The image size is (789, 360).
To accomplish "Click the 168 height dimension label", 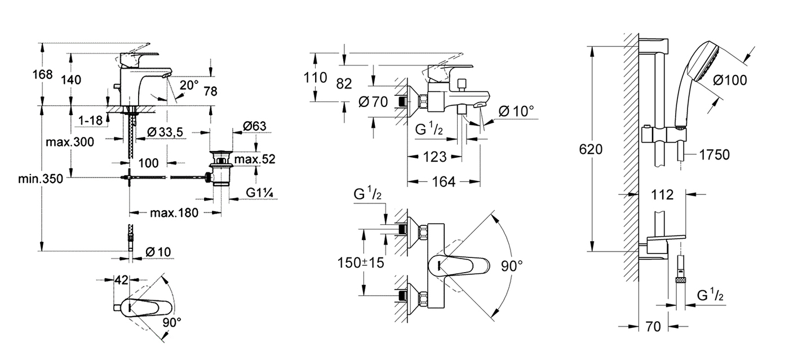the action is tap(42, 75).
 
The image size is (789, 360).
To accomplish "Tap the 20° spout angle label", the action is tap(189, 85).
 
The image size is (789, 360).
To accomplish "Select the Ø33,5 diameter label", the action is tap(165, 132).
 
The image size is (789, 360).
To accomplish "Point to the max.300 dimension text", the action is tap(70, 142).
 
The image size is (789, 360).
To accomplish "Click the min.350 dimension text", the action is tap(41, 179).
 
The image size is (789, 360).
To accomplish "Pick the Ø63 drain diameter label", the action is tap(255, 126).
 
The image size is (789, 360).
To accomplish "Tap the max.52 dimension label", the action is tap(255, 159).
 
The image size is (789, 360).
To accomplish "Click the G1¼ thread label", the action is tap(260, 193).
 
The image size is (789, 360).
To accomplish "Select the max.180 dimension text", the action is tap(174, 213).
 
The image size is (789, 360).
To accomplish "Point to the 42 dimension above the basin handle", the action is tap(122, 280).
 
